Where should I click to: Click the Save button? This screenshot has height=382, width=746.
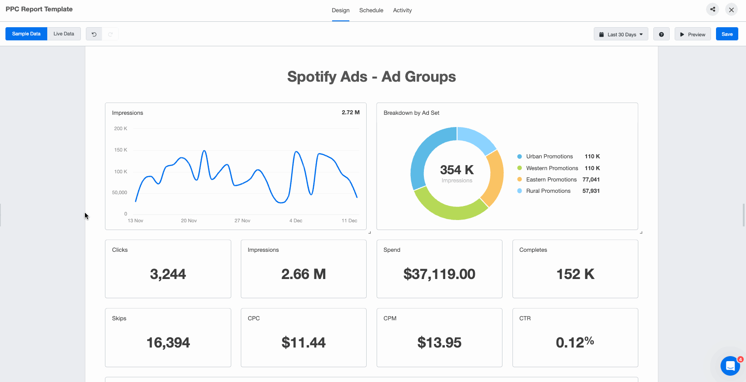coord(726,34)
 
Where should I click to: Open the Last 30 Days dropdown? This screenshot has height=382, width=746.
coord(621,34)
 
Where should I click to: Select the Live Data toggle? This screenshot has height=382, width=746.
coord(64,34)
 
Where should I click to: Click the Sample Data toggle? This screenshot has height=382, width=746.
coord(26,34)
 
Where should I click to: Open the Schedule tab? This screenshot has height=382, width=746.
coord(371,10)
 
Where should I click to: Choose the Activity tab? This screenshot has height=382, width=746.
coord(402,10)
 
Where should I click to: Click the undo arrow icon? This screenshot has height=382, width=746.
coord(94,34)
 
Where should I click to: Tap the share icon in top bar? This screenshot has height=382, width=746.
coord(712,10)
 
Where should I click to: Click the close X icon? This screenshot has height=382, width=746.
coord(731,10)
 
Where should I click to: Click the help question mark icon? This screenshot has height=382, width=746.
coord(661,34)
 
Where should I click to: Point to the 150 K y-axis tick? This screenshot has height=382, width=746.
coord(120,150)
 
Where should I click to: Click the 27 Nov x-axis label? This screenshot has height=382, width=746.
coord(242,221)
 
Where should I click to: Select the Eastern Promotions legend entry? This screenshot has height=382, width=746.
coord(551,180)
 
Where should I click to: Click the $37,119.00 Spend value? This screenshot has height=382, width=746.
coord(439,274)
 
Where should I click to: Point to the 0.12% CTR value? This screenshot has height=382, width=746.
coord(575,343)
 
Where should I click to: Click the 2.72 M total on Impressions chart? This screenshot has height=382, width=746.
coord(350,113)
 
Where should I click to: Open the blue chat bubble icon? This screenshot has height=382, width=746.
coord(730,366)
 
